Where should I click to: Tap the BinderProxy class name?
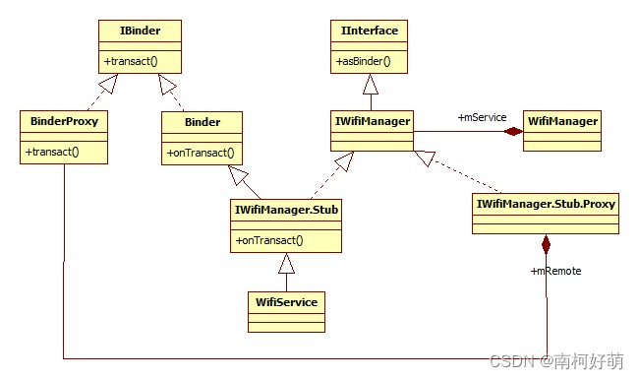(63, 122)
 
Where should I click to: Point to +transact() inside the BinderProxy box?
(53, 152)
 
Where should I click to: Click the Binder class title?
(202, 122)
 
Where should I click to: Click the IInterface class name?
(369, 31)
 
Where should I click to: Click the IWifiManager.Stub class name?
(286, 209)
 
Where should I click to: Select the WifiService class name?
(285, 301)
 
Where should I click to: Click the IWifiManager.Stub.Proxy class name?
(546, 204)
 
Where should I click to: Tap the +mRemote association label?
(555, 270)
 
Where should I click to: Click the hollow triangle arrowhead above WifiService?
(286, 263)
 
